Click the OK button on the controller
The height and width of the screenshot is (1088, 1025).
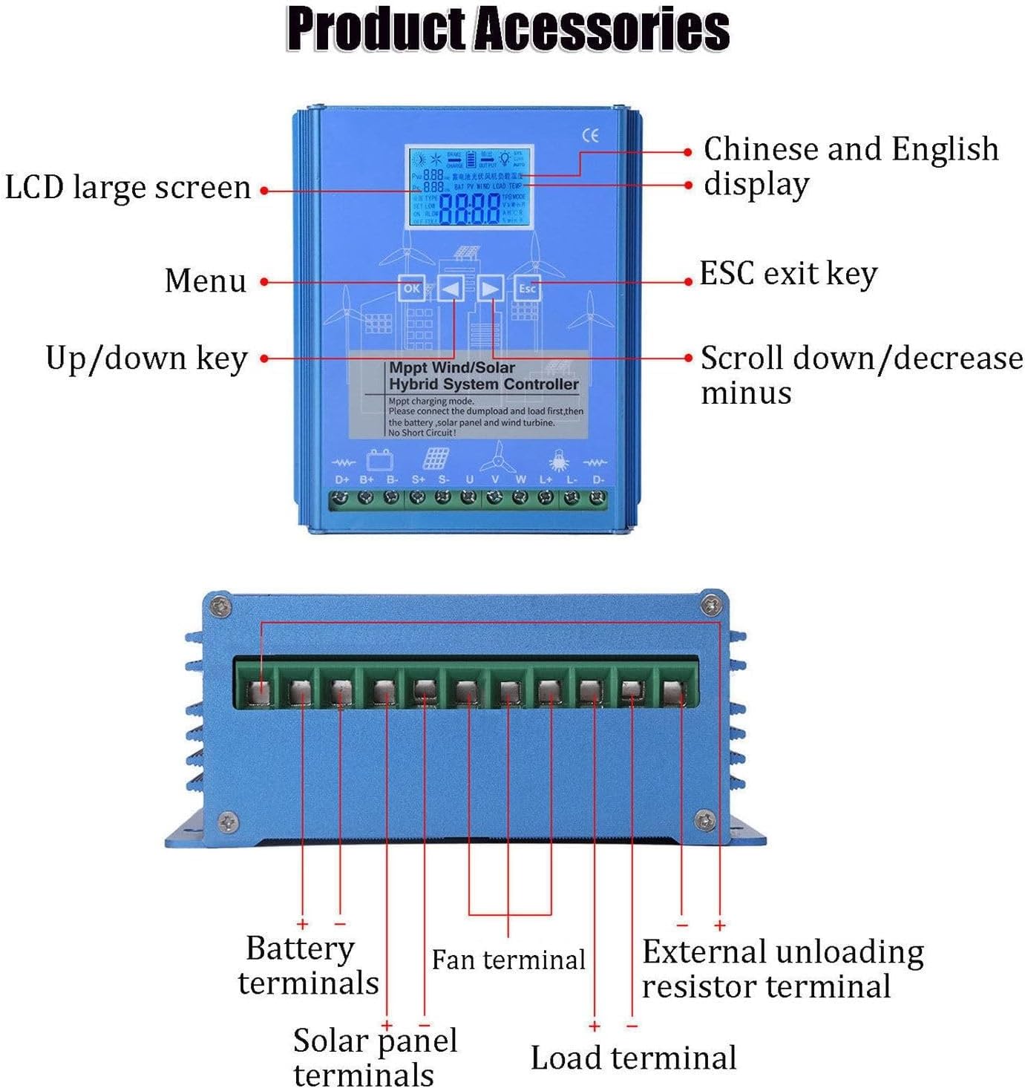click(x=411, y=288)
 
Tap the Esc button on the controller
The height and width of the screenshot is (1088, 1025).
click(x=527, y=288)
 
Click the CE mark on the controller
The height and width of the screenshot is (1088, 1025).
click(x=590, y=135)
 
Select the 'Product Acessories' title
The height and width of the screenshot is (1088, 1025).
click(x=508, y=30)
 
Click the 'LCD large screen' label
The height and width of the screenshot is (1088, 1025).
click(x=128, y=188)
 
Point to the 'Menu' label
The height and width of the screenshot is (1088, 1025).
click(x=206, y=281)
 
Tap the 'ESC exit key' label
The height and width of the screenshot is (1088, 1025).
click(x=788, y=274)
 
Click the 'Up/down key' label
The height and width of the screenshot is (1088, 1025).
click(x=146, y=358)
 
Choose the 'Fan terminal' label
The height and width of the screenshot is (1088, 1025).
click(x=508, y=960)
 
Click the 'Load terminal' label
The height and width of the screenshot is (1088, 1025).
click(x=633, y=1058)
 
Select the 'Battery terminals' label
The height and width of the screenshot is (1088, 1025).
click(x=307, y=966)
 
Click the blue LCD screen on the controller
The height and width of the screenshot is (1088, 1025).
click(x=469, y=187)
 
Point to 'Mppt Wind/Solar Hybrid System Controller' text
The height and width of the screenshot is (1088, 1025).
click(x=482, y=376)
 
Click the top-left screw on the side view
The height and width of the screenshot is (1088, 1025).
click(x=220, y=606)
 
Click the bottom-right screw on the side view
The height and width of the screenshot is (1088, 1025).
click(x=704, y=821)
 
